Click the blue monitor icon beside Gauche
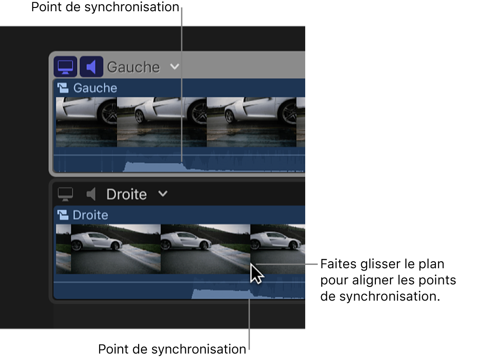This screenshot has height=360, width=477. pyautogui.click(x=65, y=67)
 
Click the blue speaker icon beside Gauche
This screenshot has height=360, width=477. pyautogui.click(x=91, y=67)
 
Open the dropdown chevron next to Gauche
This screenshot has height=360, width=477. pyautogui.click(x=174, y=67)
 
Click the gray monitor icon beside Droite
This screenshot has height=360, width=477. pyautogui.click(x=66, y=194)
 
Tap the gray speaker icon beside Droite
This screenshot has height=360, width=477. pyautogui.click(x=91, y=194)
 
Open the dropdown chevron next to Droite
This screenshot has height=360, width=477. pyautogui.click(x=162, y=194)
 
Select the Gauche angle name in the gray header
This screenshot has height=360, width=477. pyautogui.click(x=133, y=67)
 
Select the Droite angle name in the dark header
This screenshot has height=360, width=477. pyautogui.click(x=126, y=194)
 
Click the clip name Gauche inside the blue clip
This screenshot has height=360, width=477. pyautogui.click(x=95, y=88)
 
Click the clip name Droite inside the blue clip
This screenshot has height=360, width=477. pyautogui.click(x=90, y=215)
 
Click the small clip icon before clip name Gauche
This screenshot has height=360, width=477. pyautogui.click(x=64, y=88)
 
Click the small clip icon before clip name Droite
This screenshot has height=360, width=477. pyautogui.click(x=64, y=215)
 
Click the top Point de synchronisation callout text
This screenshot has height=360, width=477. pyautogui.click(x=105, y=7)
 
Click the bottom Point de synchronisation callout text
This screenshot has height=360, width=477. pyautogui.click(x=172, y=349)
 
